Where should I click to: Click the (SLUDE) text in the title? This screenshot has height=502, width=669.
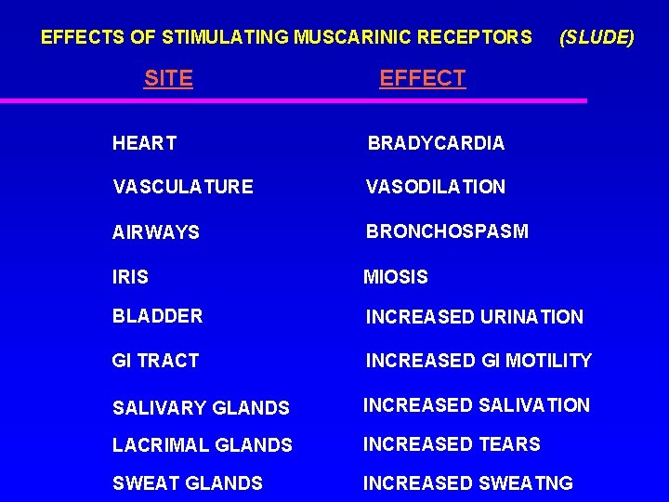click(x=597, y=38)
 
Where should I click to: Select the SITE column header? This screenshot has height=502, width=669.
click(x=168, y=79)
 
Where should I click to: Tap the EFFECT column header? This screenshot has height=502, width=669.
click(x=422, y=79)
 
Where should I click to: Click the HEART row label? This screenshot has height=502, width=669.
click(x=144, y=143)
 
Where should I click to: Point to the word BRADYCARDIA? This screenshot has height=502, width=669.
click(x=436, y=143)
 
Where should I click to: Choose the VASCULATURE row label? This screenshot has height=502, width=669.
click(x=182, y=187)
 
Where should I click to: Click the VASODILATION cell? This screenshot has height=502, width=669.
click(x=435, y=187)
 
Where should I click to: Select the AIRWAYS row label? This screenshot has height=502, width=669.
click(x=155, y=232)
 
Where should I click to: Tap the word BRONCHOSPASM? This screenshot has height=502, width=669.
click(x=446, y=231)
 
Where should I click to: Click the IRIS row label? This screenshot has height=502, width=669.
click(x=130, y=277)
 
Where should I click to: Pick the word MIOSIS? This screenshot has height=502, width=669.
click(x=396, y=277)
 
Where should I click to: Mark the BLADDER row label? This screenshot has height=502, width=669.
click(x=157, y=316)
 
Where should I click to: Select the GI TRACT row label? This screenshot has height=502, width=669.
click(x=155, y=361)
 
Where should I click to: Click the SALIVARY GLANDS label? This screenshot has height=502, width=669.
click(x=201, y=407)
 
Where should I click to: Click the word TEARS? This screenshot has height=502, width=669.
click(x=509, y=444)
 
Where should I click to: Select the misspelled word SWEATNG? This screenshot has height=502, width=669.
click(x=525, y=483)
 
